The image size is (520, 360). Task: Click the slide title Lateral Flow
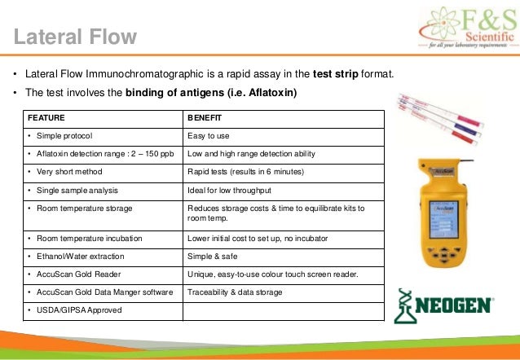[74, 35]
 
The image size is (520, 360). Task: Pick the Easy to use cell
[209, 136]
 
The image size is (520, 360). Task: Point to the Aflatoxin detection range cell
[99, 154]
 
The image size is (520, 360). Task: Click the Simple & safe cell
[211, 256]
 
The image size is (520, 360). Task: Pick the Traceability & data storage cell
[236, 292]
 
